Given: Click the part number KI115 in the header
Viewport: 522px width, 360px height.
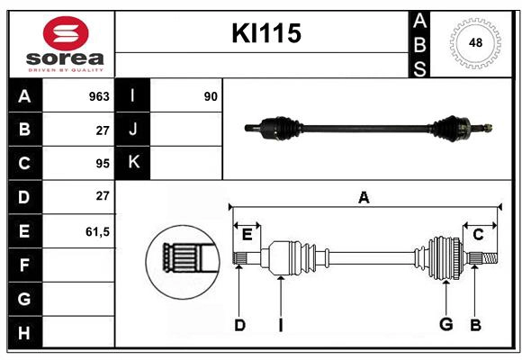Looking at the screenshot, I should (266, 34).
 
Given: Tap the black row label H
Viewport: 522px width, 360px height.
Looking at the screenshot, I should (24, 333).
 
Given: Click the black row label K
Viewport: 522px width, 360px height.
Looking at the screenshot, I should (133, 163).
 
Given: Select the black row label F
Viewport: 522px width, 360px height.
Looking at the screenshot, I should (24, 265).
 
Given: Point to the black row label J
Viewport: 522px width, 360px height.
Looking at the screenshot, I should (133, 130).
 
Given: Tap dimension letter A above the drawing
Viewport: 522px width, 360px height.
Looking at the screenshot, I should (364, 197).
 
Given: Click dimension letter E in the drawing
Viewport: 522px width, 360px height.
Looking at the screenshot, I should (247, 235).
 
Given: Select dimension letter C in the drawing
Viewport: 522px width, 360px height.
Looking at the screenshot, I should (478, 235).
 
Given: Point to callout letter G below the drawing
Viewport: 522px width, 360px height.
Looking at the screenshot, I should (445, 325).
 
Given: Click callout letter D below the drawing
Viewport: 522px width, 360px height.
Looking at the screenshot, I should (239, 325).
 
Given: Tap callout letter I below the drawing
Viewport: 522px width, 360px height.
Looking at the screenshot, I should (280, 325).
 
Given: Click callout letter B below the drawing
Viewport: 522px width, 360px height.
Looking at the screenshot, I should (474, 325).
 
